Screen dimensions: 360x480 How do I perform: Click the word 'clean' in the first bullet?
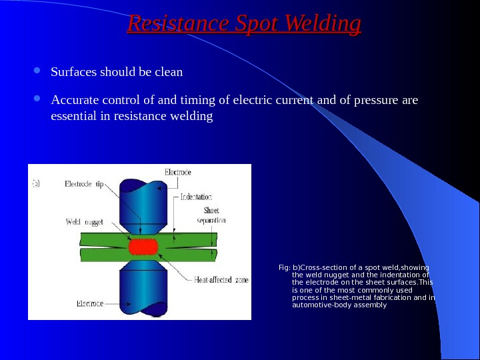[x=169, y=71]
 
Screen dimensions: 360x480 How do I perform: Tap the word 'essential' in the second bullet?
[x=73, y=117]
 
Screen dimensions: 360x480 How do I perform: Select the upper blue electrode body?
[x=141, y=200]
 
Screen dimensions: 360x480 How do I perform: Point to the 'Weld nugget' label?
[x=84, y=221]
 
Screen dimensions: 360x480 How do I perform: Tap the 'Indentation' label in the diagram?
[x=196, y=197]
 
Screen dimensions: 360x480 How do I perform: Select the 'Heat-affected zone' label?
[x=221, y=280]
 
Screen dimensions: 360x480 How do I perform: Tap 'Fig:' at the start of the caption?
[x=284, y=268]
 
